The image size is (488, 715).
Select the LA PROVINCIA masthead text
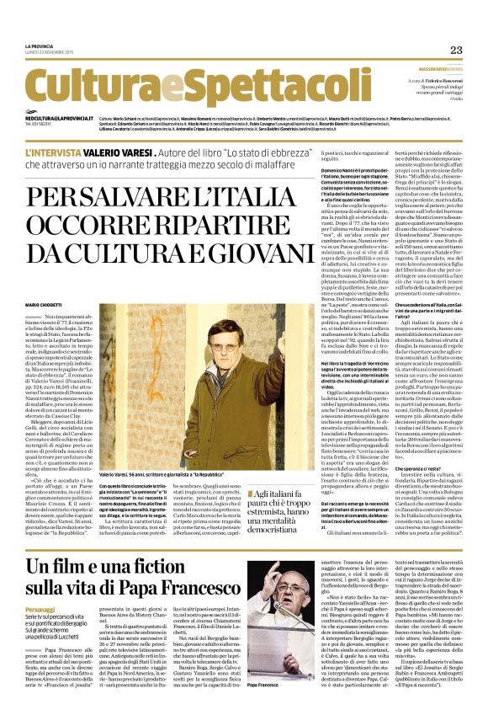[39, 46]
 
